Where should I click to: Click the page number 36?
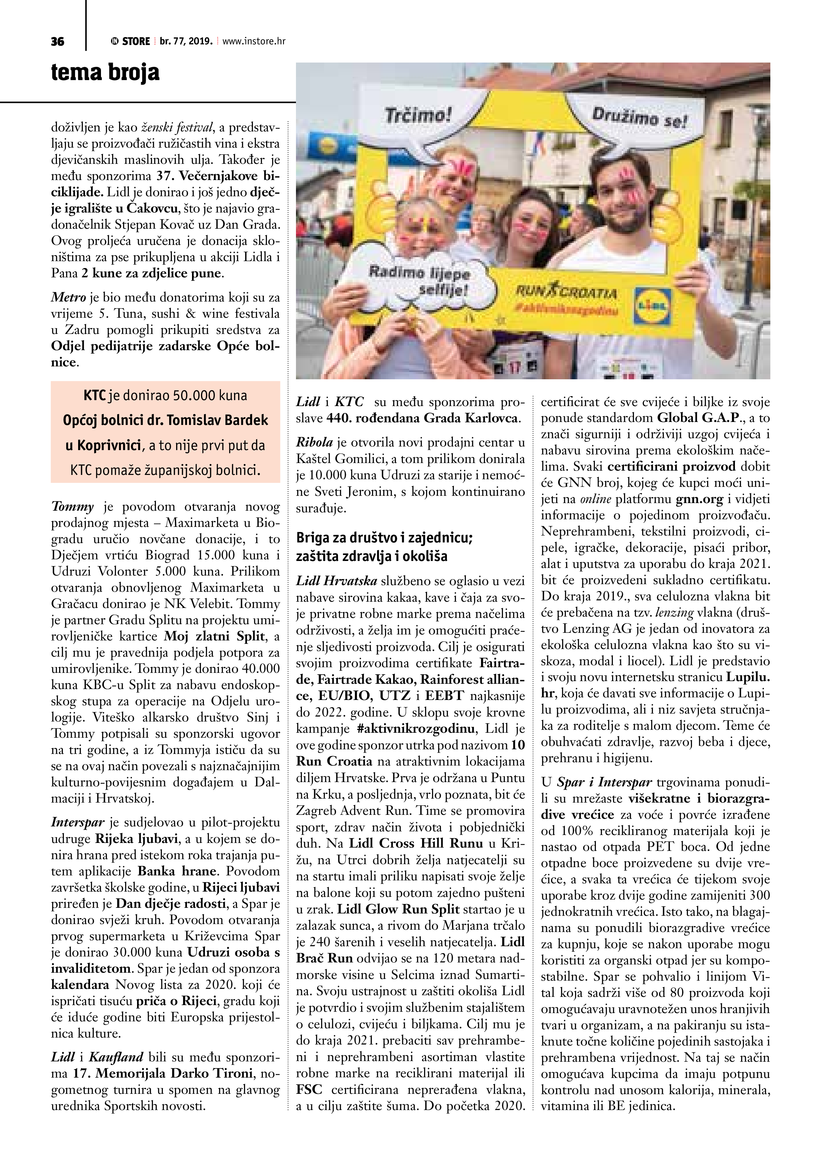58,41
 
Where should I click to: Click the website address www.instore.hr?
254,41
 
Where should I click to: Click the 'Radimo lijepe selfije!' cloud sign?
419,282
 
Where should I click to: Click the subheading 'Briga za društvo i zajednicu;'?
384,537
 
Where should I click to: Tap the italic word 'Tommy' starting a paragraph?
72,507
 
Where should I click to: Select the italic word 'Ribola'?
314,442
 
